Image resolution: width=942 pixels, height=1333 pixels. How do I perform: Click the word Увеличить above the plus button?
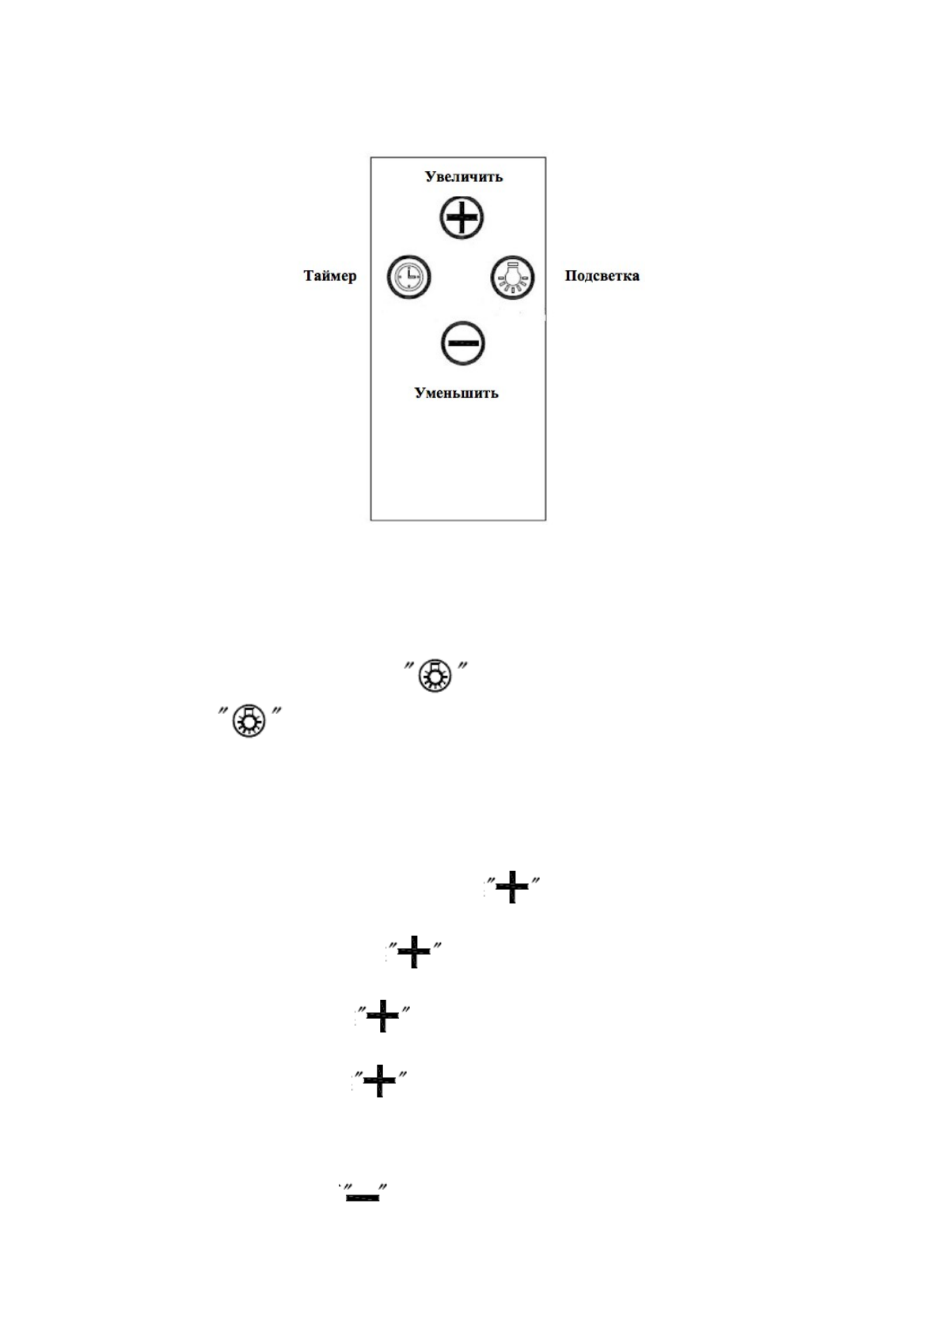click(463, 177)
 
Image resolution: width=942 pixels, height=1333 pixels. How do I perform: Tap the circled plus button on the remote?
click(462, 217)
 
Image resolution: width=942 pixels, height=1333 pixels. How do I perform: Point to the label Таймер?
click(330, 276)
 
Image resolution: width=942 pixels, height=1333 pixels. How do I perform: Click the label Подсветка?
click(602, 276)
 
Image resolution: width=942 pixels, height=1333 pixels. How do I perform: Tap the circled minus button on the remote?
click(462, 344)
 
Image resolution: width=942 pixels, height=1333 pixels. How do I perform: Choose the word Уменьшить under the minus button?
click(457, 393)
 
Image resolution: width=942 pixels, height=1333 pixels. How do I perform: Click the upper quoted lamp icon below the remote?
click(435, 676)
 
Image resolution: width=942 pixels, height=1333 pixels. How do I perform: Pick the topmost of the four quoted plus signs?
click(512, 887)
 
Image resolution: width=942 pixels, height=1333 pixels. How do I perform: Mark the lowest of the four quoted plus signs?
click(379, 1080)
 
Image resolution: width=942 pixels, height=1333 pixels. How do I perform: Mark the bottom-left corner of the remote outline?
click(371, 520)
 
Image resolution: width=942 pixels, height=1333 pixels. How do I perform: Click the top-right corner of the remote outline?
click(545, 158)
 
